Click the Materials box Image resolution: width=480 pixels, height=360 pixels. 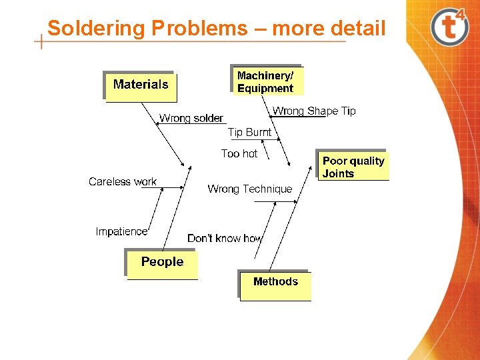click(141, 86)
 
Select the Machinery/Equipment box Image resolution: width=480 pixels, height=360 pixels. click(266, 81)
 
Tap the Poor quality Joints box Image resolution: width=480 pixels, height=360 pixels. click(353, 167)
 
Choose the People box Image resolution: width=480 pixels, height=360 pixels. click(162, 263)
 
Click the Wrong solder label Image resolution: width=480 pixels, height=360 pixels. click(191, 119)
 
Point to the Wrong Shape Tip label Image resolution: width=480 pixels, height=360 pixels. click(314, 111)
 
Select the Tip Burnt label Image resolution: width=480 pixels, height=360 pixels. click(249, 133)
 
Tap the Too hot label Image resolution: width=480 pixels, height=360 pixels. click(239, 154)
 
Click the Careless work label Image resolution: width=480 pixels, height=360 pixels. click(123, 182)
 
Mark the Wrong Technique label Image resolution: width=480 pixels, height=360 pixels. click(249, 189)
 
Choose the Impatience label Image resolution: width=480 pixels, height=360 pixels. click(121, 232)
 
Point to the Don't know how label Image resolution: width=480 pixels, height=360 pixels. click(225, 239)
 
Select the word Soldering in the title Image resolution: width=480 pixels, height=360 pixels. click(96, 29)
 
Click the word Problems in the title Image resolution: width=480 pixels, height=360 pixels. click(199, 29)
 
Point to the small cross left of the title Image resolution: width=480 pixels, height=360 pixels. click(41, 41)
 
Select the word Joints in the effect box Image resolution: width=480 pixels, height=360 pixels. click(338, 174)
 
